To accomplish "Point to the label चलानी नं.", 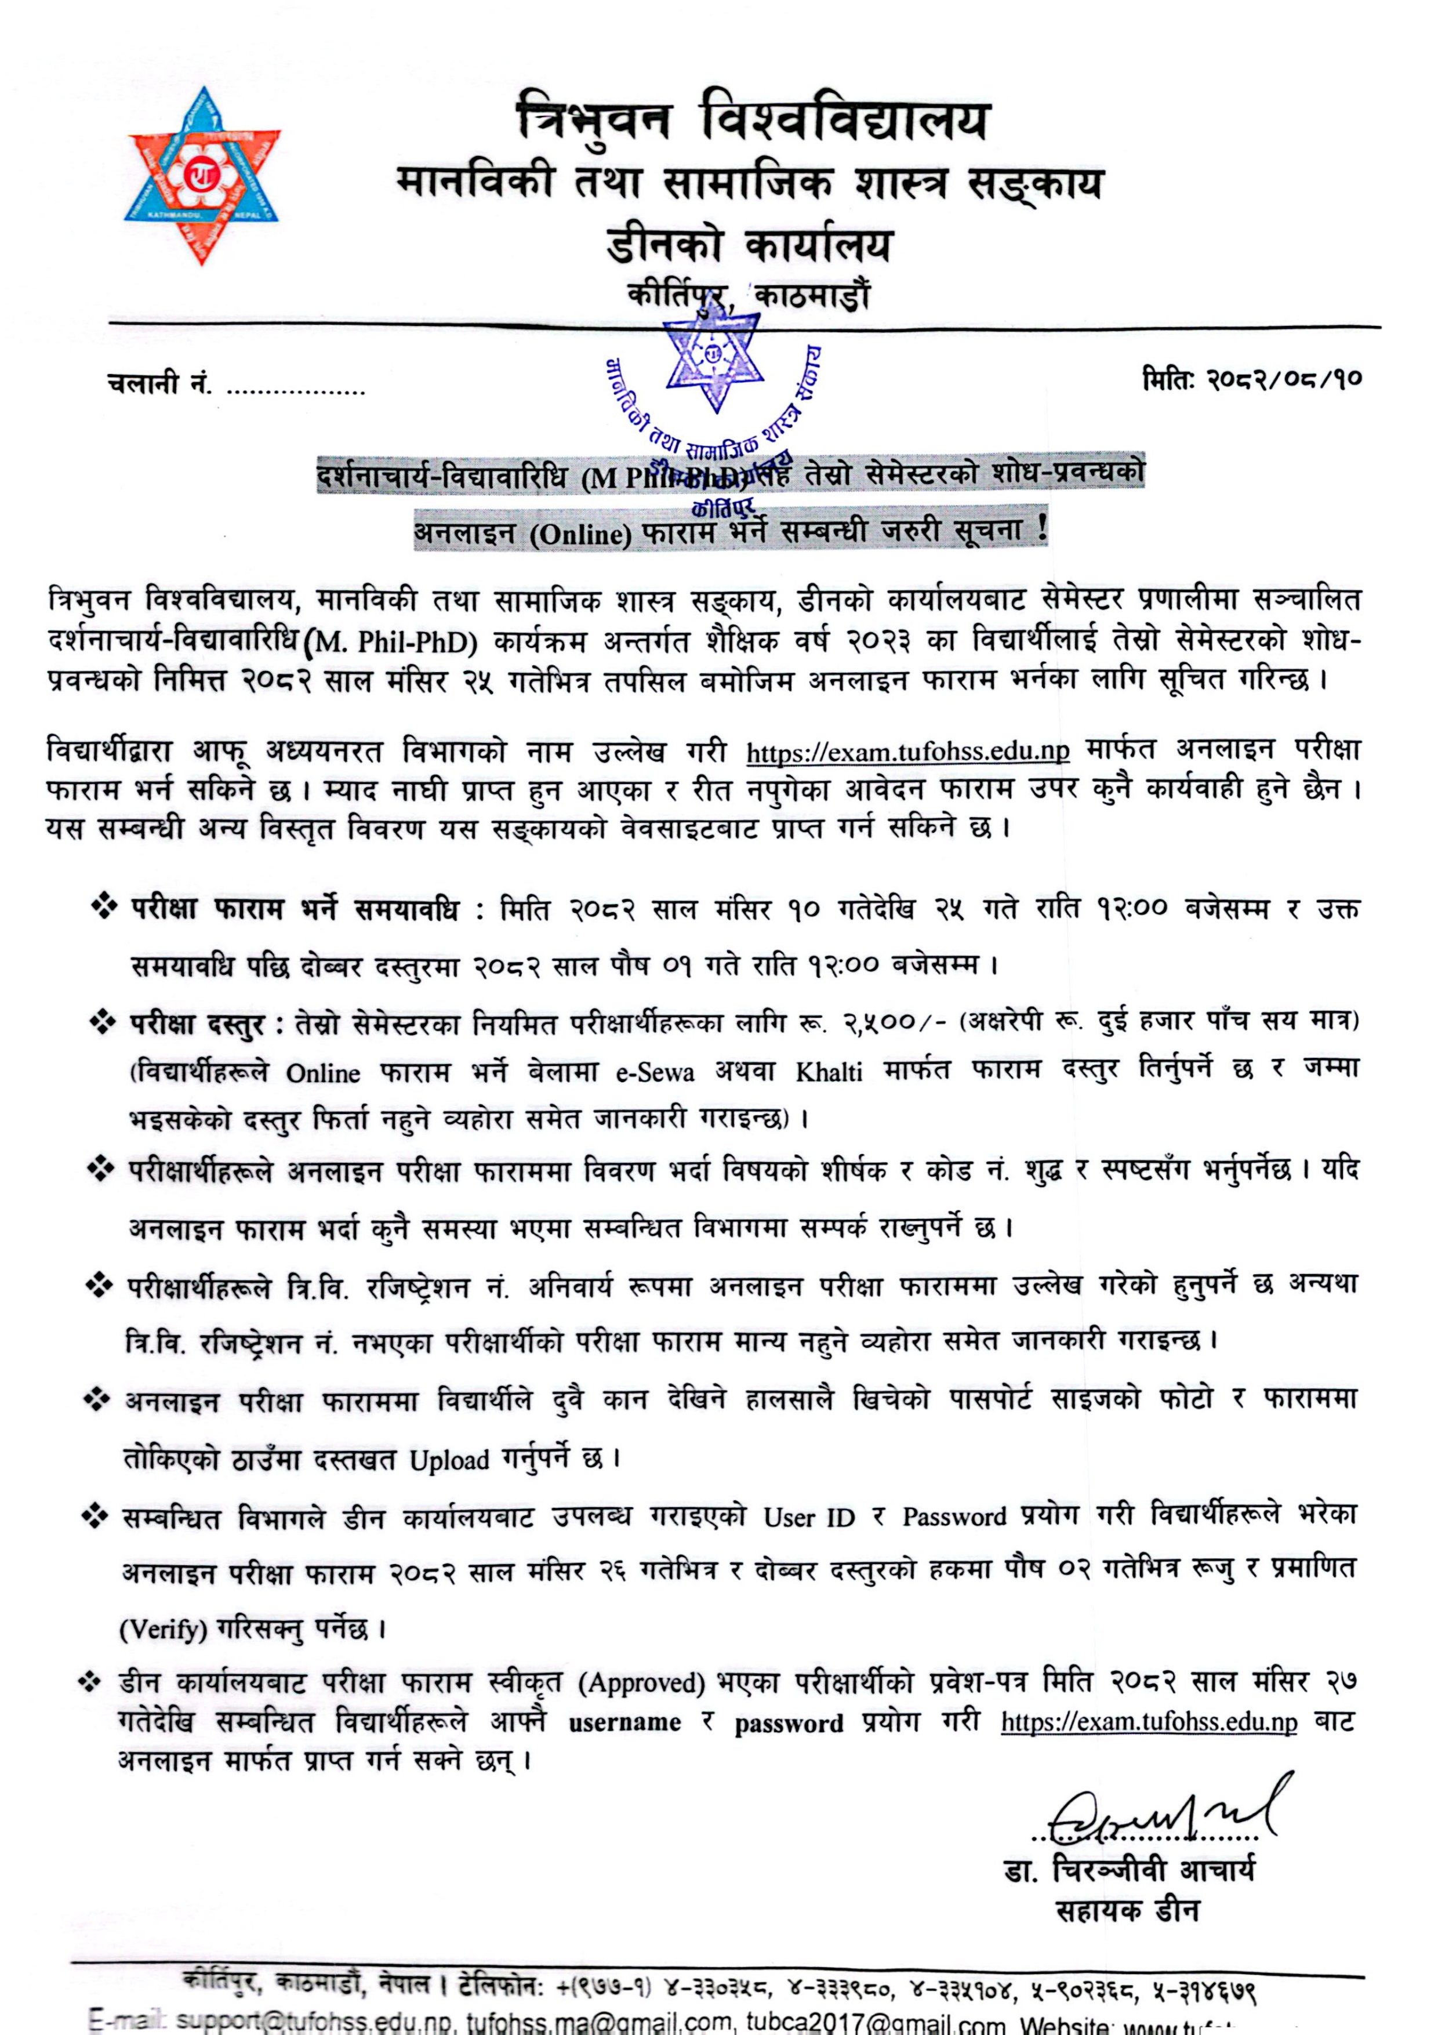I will tap(158, 384).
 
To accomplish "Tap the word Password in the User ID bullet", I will tap(954, 1517).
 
